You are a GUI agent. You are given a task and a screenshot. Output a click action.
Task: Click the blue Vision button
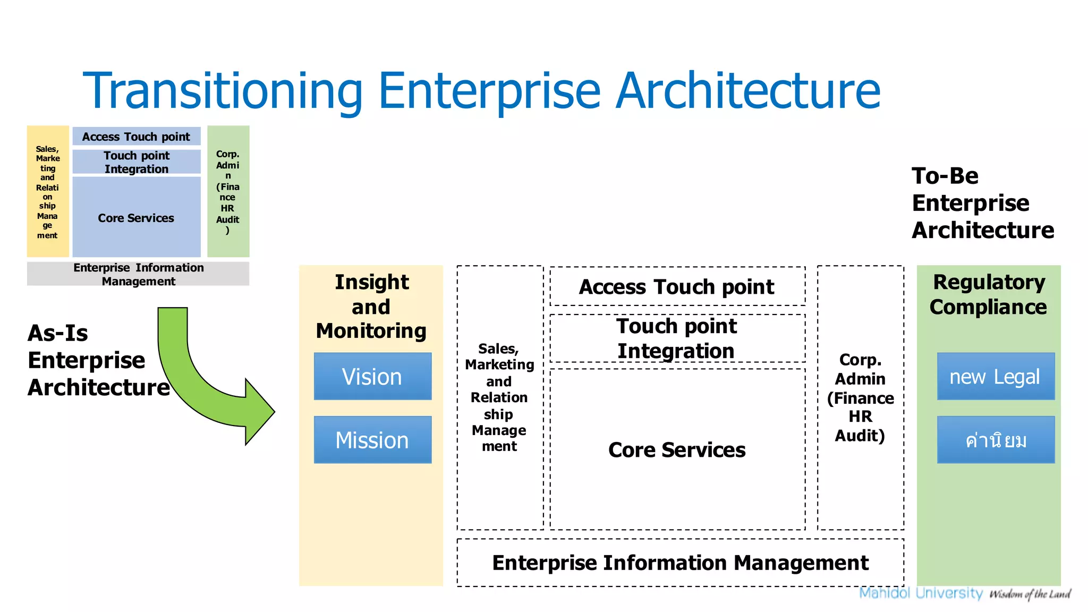point(372,376)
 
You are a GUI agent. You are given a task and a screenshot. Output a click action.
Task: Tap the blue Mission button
point(372,440)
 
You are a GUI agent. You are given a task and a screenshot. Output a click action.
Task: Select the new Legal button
point(996,376)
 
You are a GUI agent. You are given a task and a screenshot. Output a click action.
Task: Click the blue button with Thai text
point(996,440)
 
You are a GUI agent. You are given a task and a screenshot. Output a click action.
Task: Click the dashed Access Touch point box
point(677,287)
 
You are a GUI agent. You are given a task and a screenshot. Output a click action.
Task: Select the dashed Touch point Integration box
point(677,338)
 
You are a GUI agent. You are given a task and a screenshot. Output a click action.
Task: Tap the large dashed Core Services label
point(677,450)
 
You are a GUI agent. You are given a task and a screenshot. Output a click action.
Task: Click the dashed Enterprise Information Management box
point(680,563)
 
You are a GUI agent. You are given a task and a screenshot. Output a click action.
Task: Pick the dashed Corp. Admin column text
point(860,397)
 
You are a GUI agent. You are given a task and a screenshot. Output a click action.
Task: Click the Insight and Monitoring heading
point(371,307)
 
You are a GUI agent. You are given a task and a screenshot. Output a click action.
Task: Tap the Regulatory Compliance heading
point(989,294)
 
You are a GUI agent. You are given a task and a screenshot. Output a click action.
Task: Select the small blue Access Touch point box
point(137,137)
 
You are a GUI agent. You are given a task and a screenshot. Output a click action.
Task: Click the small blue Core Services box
point(137,218)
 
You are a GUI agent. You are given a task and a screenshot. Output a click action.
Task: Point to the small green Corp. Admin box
point(228,192)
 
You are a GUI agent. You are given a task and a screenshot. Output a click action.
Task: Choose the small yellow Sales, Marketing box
point(48,192)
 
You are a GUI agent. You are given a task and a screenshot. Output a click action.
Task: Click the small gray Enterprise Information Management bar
point(138,274)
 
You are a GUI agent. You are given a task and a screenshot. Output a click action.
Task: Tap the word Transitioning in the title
point(223,91)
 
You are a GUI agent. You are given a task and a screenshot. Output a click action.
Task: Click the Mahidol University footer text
point(921,593)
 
